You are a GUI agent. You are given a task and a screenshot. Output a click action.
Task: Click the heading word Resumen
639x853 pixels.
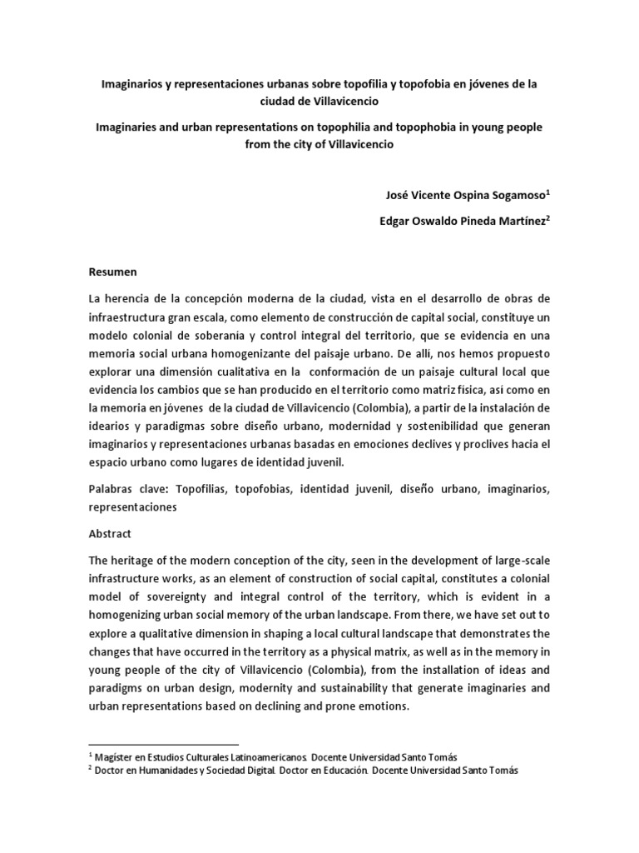pos(113,272)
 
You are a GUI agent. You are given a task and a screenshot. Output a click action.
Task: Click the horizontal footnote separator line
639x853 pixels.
pos(163,742)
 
